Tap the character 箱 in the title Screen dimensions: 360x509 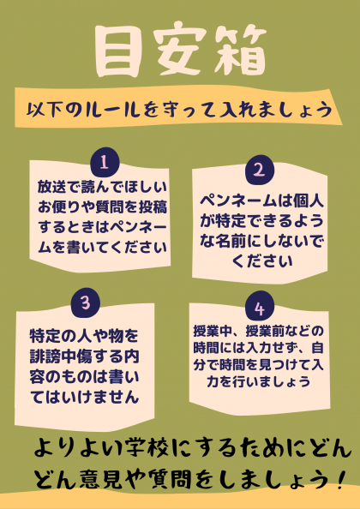coord(240,51)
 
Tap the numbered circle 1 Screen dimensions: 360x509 coord(105,162)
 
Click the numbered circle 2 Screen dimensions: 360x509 coord(259,169)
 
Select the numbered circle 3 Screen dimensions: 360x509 coord(86,302)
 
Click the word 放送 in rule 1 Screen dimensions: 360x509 coord(50,187)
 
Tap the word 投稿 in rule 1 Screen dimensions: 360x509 coord(153,207)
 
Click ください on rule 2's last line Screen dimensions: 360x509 coord(262,261)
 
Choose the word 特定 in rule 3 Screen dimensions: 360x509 coord(43,337)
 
